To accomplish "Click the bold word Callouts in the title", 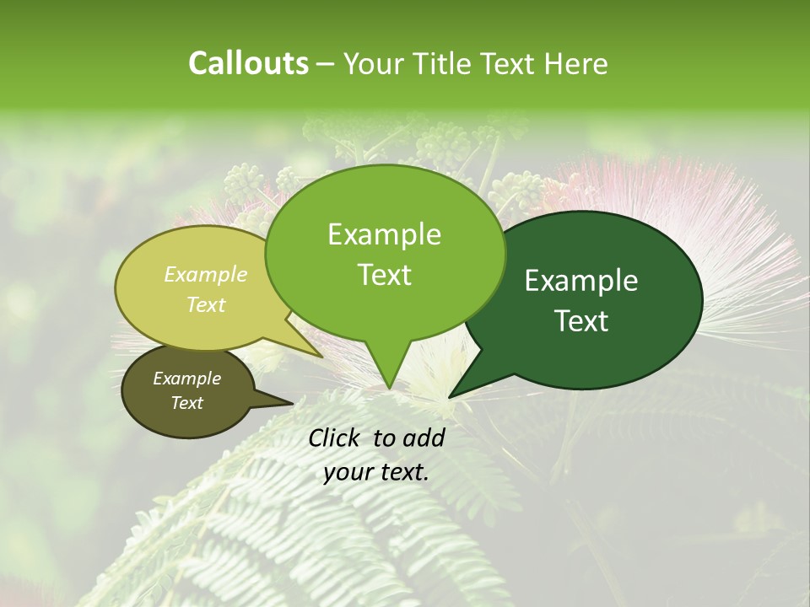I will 248,63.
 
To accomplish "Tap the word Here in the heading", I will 575,63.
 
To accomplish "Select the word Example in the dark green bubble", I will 581,281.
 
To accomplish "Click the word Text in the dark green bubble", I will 581,321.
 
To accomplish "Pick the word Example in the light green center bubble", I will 384,234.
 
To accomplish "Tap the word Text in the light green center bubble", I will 384,275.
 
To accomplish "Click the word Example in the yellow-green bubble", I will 206,274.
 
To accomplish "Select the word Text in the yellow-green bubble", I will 206,304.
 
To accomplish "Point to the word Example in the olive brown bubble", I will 186,379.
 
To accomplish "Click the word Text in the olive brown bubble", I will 186,403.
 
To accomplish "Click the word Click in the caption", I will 337,438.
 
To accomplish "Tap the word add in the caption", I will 424,438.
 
